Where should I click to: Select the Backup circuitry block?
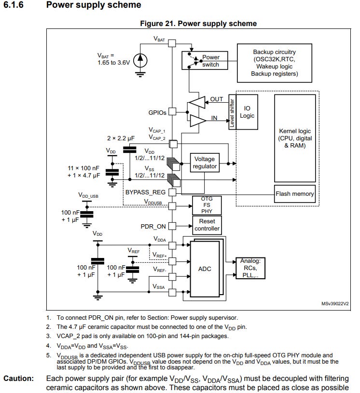[x=274, y=63]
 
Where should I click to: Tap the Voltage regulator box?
[x=205, y=163]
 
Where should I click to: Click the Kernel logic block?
[x=294, y=137]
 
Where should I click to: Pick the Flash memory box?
[x=294, y=194]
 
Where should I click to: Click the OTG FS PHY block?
[x=207, y=205]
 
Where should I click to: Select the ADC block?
[x=205, y=269]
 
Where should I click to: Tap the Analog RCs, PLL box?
[x=250, y=268]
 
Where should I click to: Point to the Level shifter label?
[x=232, y=112]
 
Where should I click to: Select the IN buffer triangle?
[x=197, y=120]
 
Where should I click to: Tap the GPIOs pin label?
[x=157, y=112]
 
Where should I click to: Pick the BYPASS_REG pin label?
[x=145, y=192]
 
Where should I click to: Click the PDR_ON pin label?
[x=153, y=226]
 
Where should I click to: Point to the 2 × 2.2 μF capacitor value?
[x=120, y=138]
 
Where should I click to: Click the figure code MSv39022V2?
[x=334, y=304]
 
